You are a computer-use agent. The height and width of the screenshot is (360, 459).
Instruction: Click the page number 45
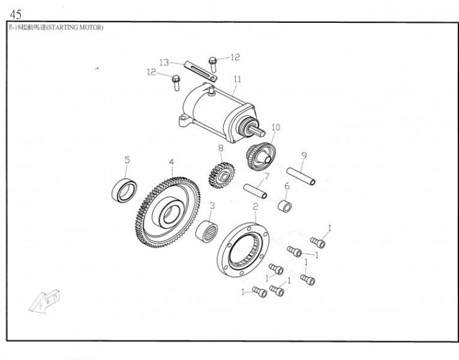tap(16, 14)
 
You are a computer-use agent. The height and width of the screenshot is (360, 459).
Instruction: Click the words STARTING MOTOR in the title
tap(75, 28)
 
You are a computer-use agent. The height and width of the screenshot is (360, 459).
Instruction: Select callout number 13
tap(164, 62)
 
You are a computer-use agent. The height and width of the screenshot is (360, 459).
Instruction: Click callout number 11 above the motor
tap(238, 79)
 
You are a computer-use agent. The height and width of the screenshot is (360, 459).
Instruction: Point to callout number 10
tap(276, 127)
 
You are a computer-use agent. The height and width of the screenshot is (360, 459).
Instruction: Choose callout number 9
tap(304, 155)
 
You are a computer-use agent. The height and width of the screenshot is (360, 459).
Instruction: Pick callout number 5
tap(127, 160)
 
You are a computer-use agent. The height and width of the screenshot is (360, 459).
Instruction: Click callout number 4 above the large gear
tap(172, 162)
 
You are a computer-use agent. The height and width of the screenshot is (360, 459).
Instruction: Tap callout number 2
tap(256, 207)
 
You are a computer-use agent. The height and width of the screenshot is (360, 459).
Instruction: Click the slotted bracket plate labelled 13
tap(201, 72)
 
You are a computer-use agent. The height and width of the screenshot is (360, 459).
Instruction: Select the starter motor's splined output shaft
tap(257, 131)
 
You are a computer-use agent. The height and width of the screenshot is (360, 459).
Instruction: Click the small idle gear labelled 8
tap(221, 176)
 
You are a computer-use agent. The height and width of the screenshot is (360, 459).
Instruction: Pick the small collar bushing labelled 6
tap(284, 206)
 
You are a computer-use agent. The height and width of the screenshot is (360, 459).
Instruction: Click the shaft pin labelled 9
tap(301, 176)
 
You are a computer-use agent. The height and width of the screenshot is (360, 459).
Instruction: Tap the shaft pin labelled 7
tap(255, 191)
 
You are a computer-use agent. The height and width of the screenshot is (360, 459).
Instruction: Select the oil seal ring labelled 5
tap(124, 191)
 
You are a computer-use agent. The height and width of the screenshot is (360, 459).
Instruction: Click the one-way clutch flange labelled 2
tap(243, 250)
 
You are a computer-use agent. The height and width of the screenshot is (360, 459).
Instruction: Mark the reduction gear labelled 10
tap(261, 156)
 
